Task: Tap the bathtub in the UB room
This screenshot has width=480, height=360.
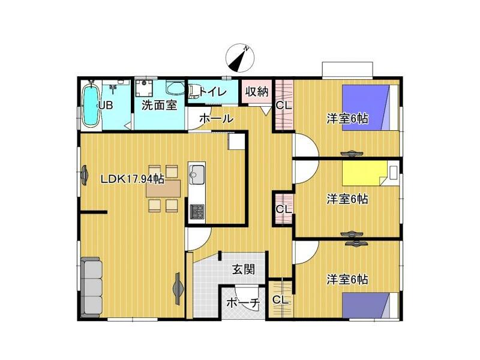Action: [91, 106]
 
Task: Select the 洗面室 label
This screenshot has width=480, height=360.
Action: [159, 106]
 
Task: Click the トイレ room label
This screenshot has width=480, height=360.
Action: [213, 92]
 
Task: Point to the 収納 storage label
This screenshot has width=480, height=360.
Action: [257, 91]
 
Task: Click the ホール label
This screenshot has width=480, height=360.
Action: [217, 118]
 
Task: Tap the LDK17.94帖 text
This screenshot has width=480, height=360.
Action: [132, 179]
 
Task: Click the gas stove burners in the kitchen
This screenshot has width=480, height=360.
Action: [197, 212]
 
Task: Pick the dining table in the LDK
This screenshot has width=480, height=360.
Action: [163, 188]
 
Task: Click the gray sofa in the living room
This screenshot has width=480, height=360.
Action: [92, 287]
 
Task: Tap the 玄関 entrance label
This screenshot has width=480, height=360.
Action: [244, 269]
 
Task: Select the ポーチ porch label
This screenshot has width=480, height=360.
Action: [244, 303]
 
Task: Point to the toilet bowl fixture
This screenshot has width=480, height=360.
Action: [194, 92]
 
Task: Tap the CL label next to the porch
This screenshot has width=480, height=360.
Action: [281, 301]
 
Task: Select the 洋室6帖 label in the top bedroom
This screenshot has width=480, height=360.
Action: [347, 118]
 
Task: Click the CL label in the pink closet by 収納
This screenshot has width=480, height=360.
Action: [284, 106]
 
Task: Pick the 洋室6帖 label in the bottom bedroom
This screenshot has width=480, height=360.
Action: [347, 280]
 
